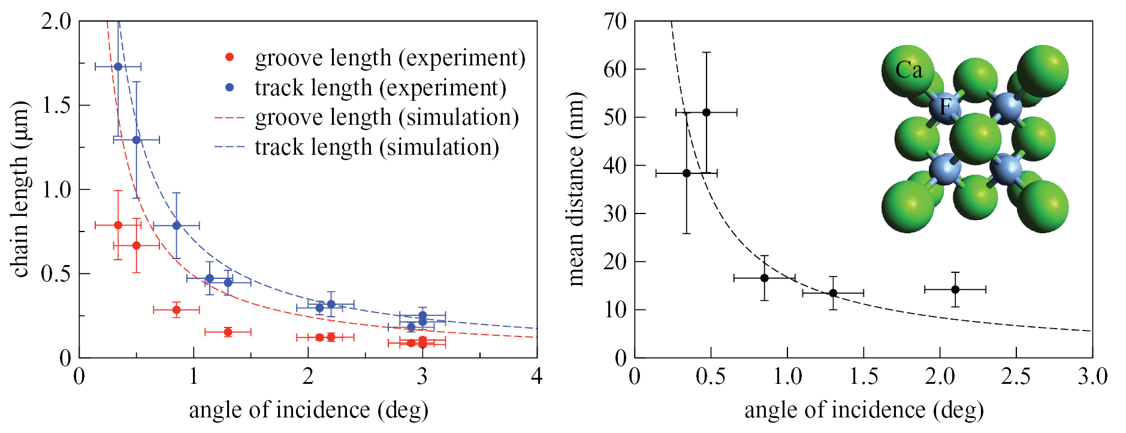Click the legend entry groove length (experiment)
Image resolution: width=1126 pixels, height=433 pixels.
click(390, 58)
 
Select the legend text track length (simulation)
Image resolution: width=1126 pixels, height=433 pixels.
click(377, 147)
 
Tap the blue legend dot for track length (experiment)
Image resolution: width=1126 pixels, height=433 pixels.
click(229, 88)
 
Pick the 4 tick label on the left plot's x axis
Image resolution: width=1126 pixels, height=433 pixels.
click(536, 376)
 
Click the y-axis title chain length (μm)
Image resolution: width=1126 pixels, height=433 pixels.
click(20, 189)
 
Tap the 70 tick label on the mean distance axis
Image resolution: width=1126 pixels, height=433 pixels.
click(615, 22)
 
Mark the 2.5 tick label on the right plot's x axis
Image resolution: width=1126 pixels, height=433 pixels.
click(1016, 376)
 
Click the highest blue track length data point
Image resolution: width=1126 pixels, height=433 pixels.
click(118, 67)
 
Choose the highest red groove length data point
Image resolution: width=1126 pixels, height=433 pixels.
click(118, 225)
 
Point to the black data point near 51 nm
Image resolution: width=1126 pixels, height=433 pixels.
click(706, 112)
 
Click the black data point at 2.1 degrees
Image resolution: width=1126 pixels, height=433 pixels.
click(955, 290)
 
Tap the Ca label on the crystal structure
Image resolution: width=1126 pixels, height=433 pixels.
click(908, 70)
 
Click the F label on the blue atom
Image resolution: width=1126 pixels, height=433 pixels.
click(945, 106)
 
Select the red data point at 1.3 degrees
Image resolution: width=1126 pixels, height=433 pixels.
click(228, 332)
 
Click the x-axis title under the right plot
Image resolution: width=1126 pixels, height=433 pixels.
click(864, 410)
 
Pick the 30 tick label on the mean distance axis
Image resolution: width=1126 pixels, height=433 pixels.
click(615, 214)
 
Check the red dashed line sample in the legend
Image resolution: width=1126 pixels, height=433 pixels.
click(229, 118)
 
